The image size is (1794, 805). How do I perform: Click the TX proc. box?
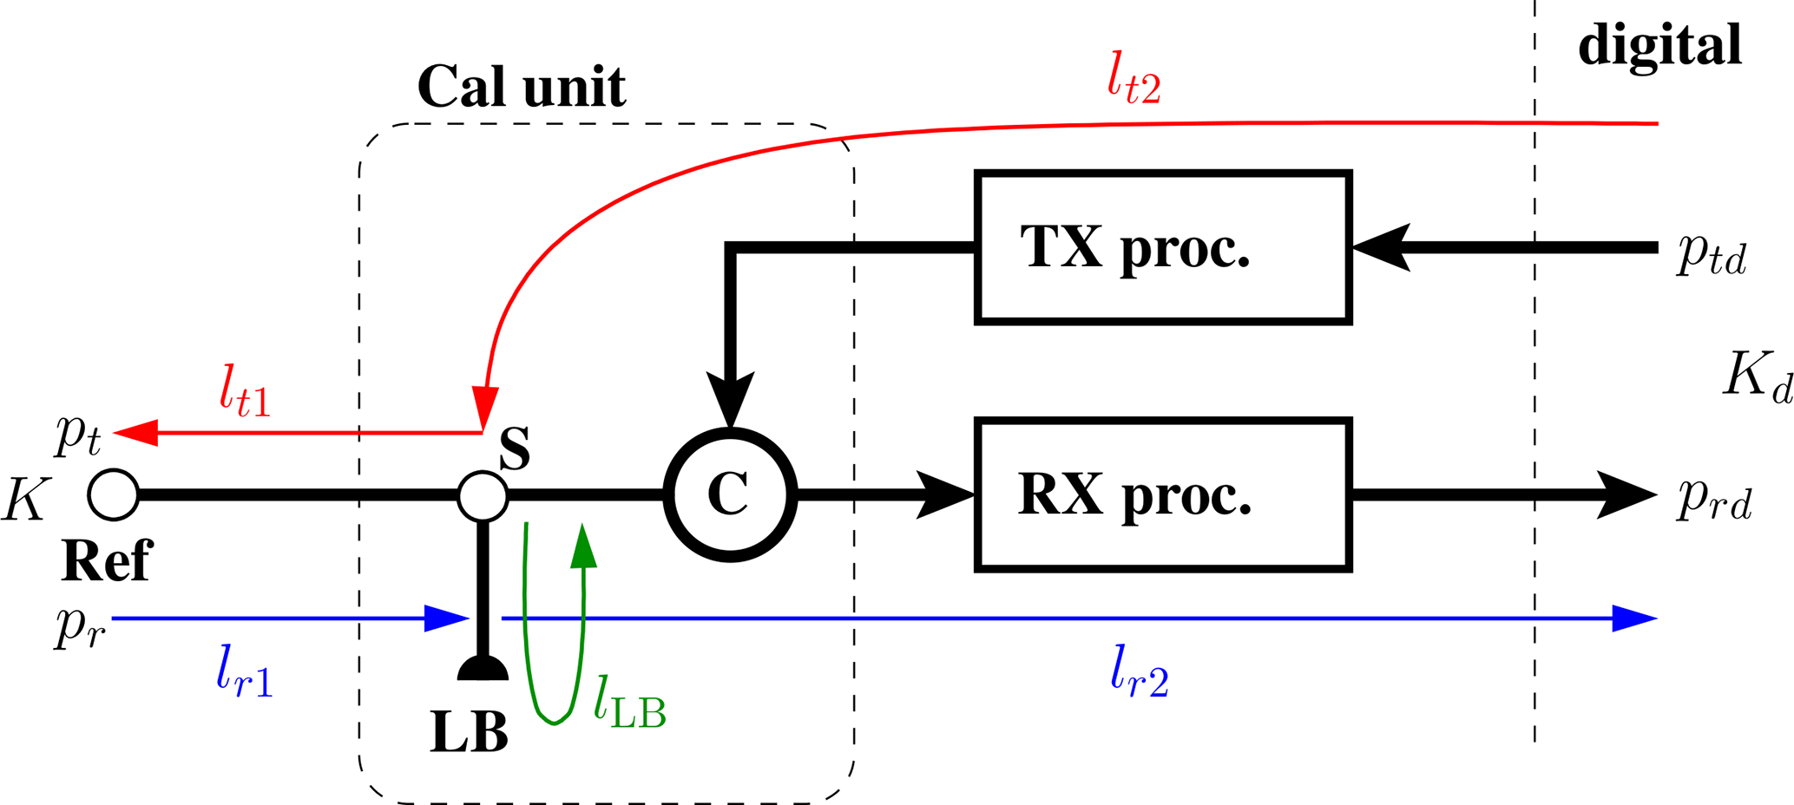click(x=1163, y=248)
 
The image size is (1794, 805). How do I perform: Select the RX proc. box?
click(x=1163, y=495)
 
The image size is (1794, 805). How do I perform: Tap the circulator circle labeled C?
click(x=730, y=495)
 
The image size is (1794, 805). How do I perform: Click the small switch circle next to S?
click(x=483, y=496)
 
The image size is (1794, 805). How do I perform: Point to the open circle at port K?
click(x=114, y=495)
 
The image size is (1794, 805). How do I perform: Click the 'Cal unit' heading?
click(x=521, y=87)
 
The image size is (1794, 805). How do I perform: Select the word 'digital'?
click(x=1659, y=45)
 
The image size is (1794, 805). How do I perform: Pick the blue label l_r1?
click(x=245, y=674)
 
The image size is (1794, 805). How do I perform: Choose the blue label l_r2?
click(x=1139, y=674)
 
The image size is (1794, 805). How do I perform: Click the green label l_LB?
click(x=629, y=706)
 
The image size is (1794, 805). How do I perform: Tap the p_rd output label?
click(x=1714, y=500)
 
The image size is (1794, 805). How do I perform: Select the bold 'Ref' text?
click(x=107, y=561)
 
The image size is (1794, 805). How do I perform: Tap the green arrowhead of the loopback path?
click(x=583, y=546)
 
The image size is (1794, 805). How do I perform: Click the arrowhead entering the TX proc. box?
click(x=1380, y=248)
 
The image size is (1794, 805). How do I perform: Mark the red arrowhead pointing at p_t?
click(x=136, y=432)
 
